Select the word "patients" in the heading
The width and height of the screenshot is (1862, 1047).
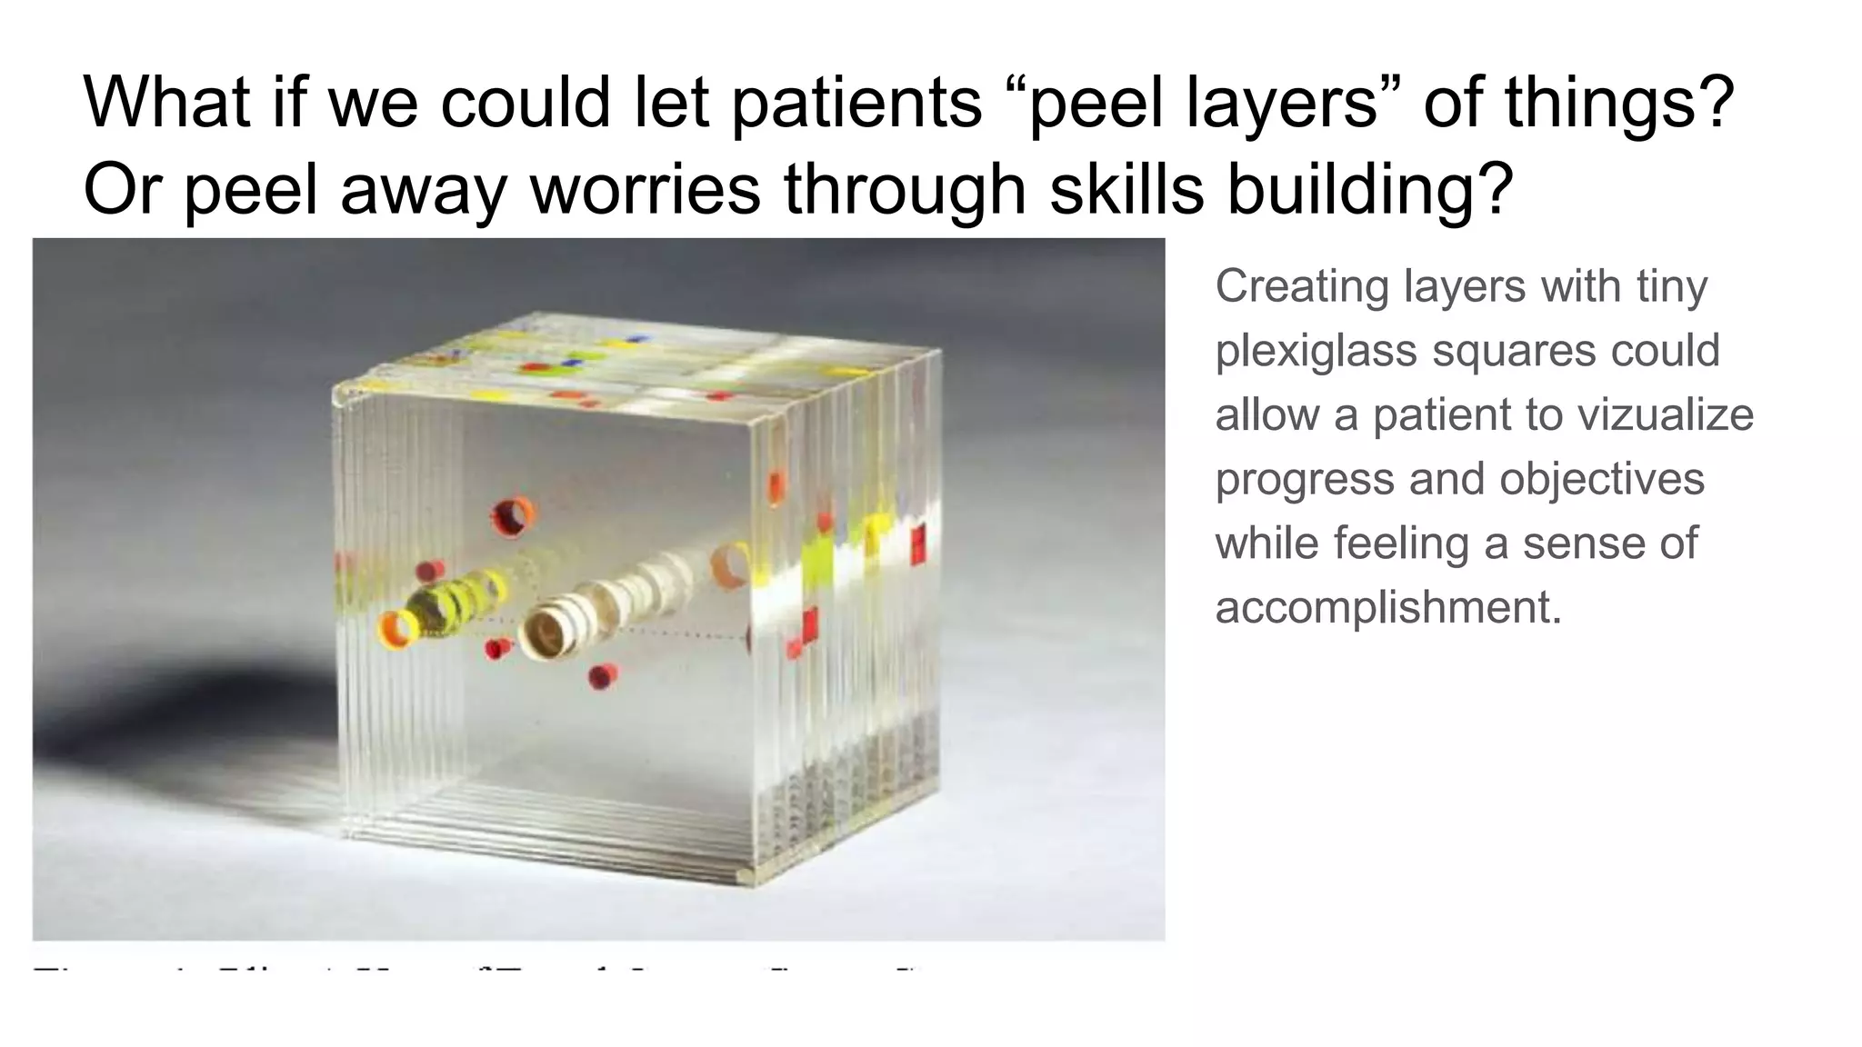856,102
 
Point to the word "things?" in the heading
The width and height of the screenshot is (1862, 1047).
1619,102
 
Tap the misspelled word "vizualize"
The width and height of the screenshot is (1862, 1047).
1665,414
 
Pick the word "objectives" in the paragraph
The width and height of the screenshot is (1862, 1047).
1601,479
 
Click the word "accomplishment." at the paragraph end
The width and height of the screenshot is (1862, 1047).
1388,607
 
